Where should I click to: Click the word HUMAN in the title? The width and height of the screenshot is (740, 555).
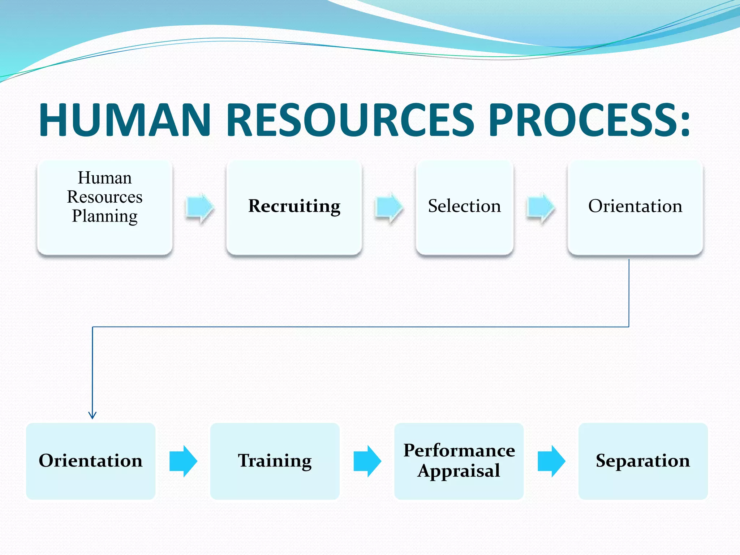[x=125, y=120]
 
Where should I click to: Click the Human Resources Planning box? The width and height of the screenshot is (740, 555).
[x=105, y=208]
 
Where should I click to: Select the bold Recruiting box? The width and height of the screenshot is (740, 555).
[x=294, y=208]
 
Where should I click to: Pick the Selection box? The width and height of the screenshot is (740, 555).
[x=464, y=208]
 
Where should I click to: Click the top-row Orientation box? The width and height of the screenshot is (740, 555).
[x=635, y=208]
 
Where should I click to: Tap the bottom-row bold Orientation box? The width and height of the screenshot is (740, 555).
[x=91, y=461]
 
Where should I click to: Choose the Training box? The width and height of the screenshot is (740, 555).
[x=275, y=461]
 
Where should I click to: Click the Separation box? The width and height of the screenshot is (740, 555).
[x=643, y=461]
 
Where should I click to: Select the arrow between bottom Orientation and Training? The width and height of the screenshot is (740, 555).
[x=183, y=461]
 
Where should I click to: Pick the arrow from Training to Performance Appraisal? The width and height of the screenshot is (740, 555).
[x=367, y=461]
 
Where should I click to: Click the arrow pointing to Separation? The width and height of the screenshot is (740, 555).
[x=551, y=461]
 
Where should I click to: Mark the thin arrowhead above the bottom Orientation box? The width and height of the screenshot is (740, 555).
[x=92, y=416]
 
